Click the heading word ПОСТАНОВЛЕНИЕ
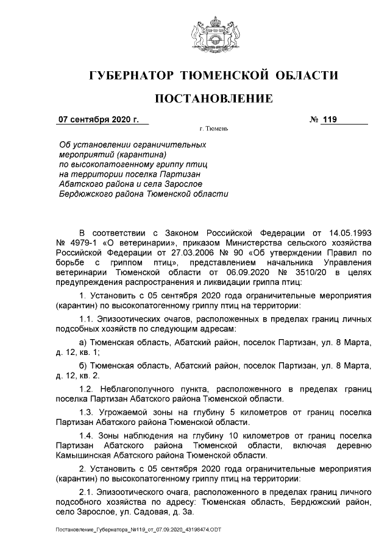pyautogui.click(x=213, y=98)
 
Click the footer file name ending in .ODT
pyautogui.click(x=138, y=530)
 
